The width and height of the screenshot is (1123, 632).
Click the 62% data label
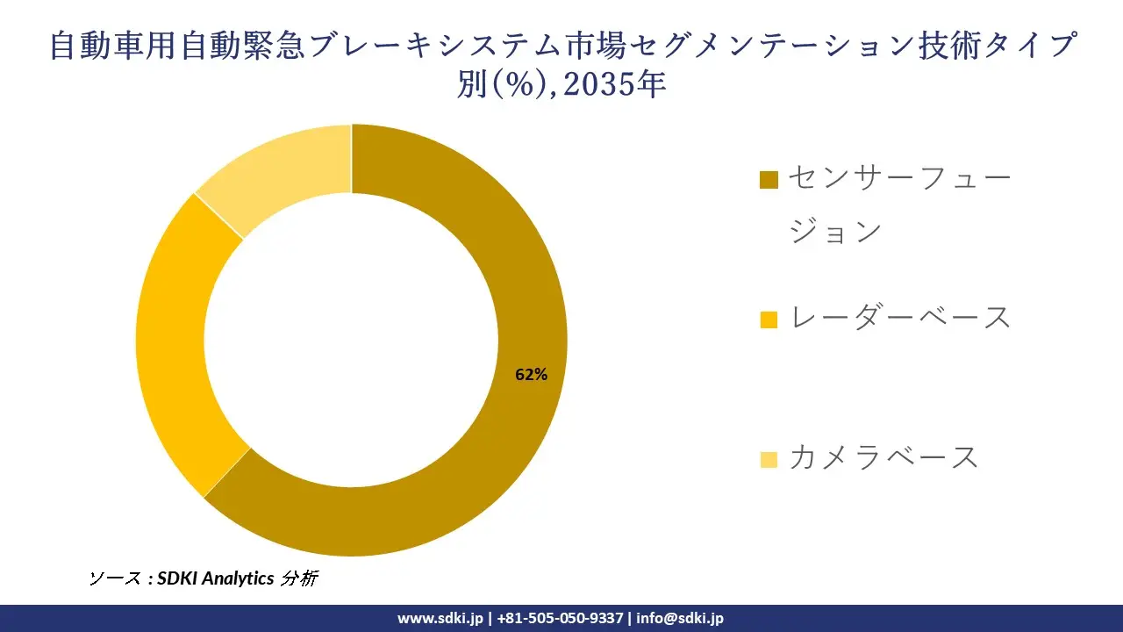pyautogui.click(x=531, y=375)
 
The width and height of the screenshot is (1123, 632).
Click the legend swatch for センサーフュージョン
pyautogui.click(x=769, y=180)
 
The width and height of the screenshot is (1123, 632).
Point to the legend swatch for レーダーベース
pyautogui.click(x=769, y=320)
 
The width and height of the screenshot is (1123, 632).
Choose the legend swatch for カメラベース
pyautogui.click(x=769, y=459)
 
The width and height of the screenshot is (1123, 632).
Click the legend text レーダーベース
pyautogui.click(x=901, y=317)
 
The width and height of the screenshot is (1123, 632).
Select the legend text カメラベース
pyautogui.click(x=883, y=457)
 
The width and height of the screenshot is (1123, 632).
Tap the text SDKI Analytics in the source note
pyautogui.click(x=215, y=578)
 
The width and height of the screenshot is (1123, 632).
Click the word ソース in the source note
pyautogui.click(x=116, y=578)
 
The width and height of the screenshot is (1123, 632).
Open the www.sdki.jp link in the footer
pyautogui.click(x=440, y=618)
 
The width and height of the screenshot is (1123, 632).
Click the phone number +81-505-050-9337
pyautogui.click(x=560, y=618)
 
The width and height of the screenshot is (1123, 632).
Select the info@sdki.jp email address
pyautogui.click(x=680, y=618)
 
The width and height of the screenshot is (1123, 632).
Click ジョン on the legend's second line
pyautogui.click(x=835, y=232)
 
